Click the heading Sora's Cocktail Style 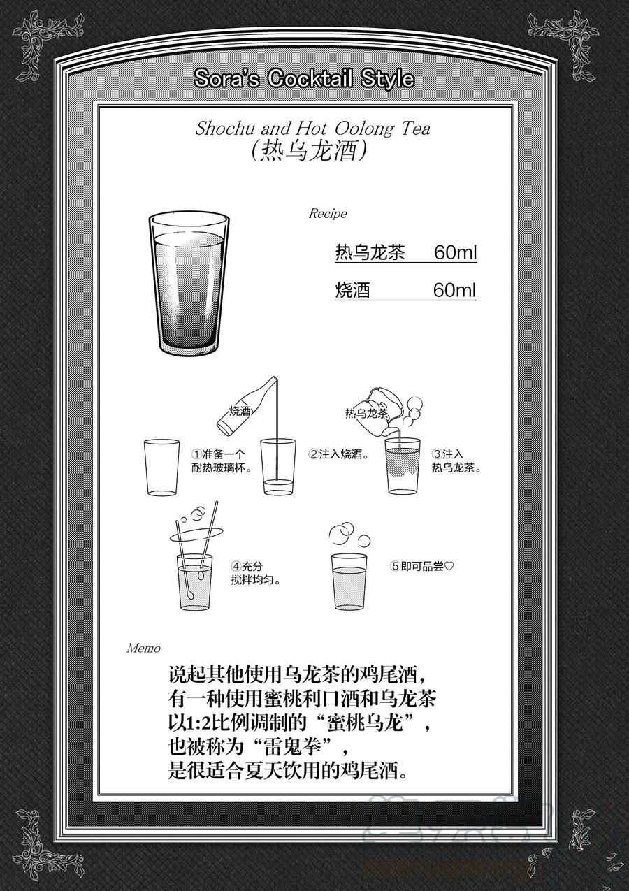304,78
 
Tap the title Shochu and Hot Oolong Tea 312,129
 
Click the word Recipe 328,214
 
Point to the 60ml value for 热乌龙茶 455,252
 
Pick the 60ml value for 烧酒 454,289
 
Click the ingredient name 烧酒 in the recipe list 352,290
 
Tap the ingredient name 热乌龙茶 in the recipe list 370,252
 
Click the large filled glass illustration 189,284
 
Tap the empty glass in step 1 161,468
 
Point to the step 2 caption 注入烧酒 340,454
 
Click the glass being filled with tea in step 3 403,466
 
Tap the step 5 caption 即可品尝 422,566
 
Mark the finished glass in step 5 349,581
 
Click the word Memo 143,649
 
